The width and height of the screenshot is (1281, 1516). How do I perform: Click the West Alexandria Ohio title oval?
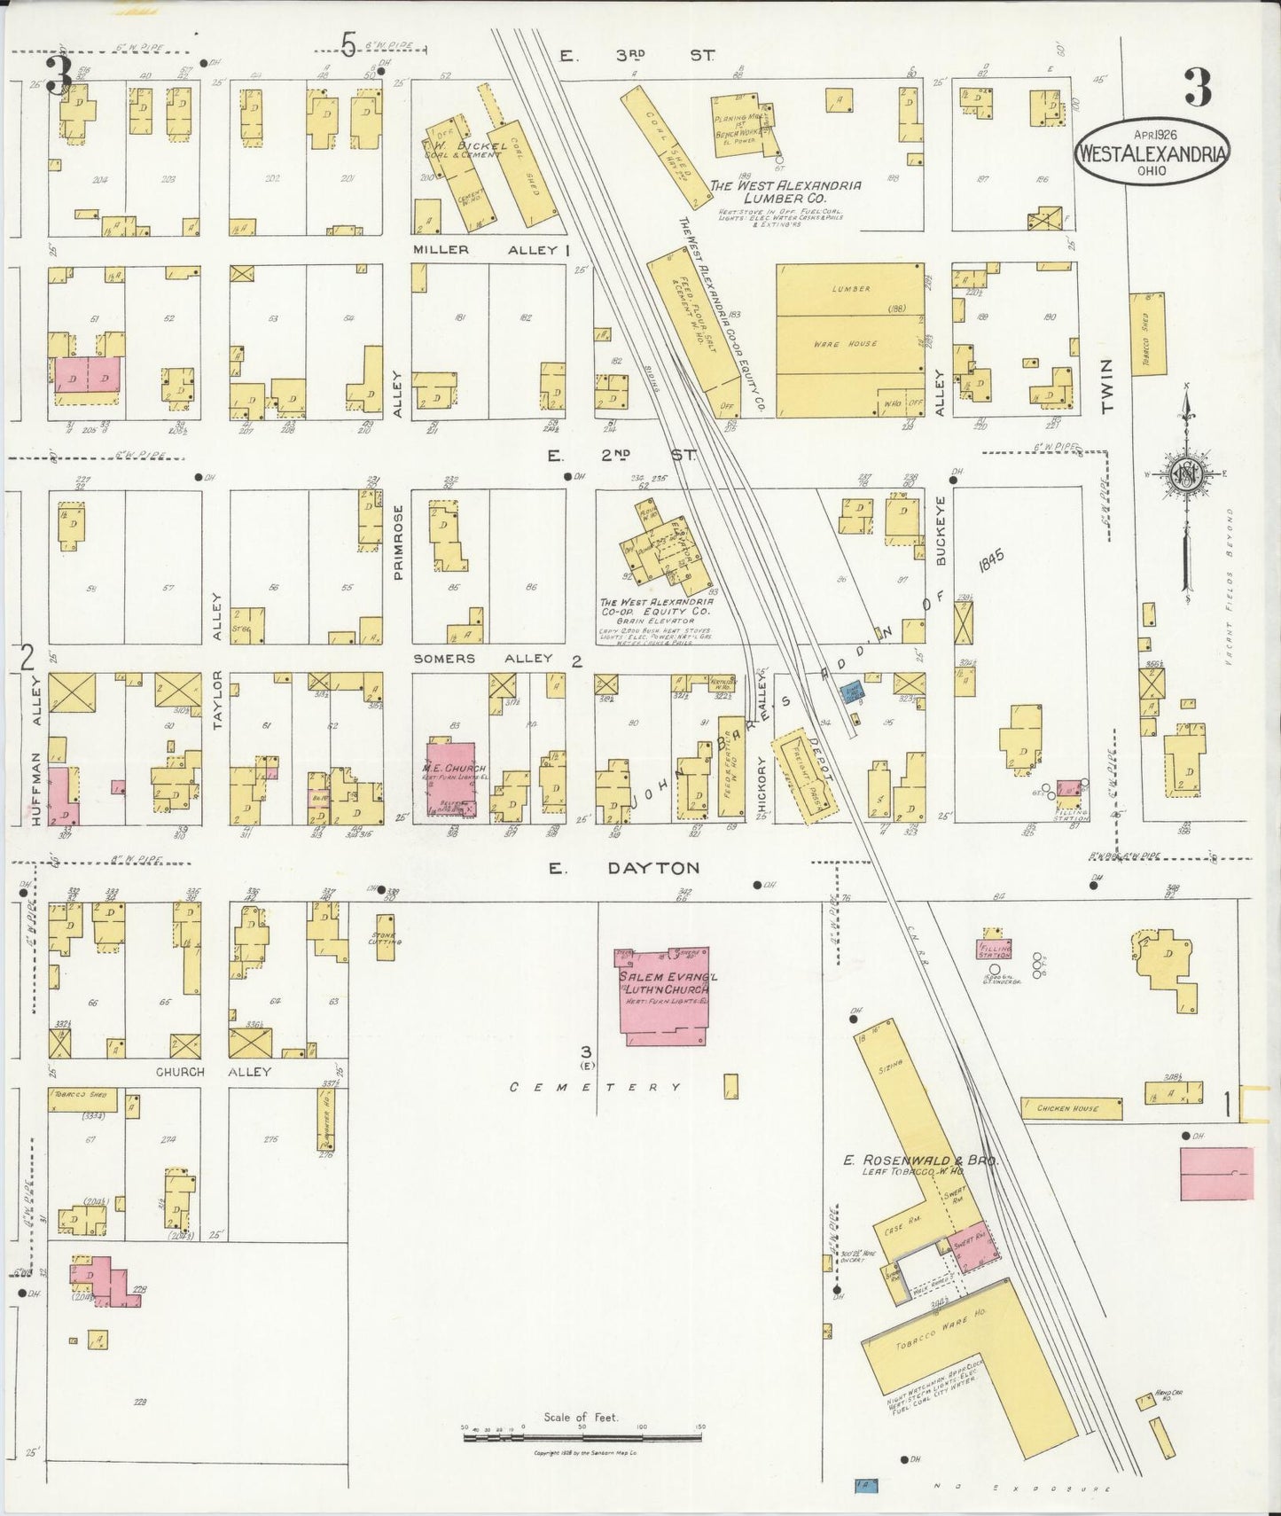1152,152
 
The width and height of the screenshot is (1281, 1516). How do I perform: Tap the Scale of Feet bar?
582,1434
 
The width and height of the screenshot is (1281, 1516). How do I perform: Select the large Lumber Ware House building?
849,329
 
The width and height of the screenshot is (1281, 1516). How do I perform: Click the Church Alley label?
213,1071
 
